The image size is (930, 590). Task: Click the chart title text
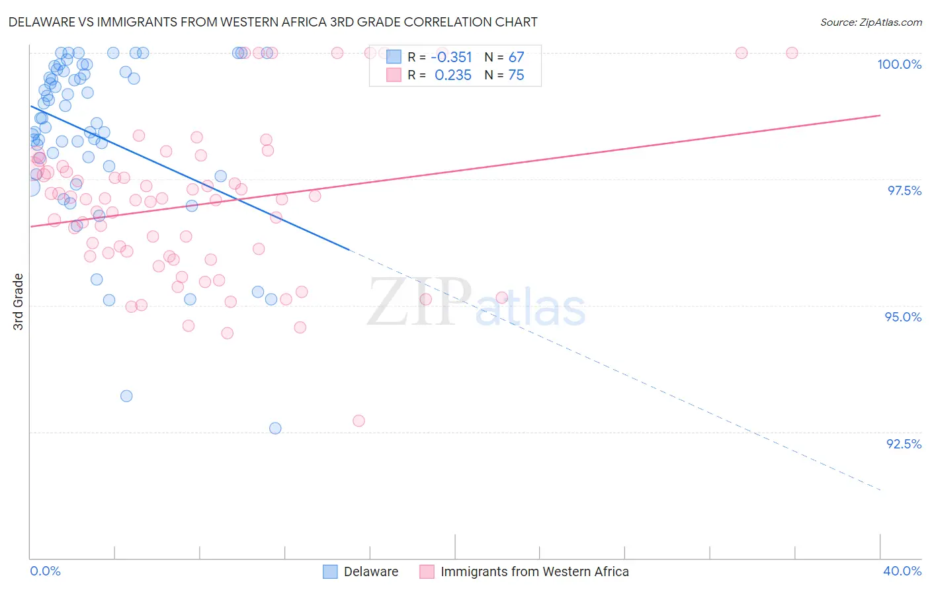tap(273, 22)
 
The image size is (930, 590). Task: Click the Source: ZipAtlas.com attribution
tap(870, 22)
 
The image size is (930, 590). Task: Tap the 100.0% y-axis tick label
tap(899, 64)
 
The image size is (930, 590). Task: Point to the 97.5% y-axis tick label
tap(904, 190)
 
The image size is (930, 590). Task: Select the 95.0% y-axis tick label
tap(903, 317)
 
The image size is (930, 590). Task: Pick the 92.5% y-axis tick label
tap(904, 444)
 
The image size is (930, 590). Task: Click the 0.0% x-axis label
tap(45, 571)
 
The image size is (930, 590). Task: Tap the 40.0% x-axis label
tap(902, 571)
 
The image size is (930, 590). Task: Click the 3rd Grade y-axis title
tap(19, 302)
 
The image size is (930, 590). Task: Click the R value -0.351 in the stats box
tap(451, 58)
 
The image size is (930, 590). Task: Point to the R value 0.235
tap(452, 75)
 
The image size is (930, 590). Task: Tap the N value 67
tap(516, 58)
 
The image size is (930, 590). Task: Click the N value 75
tap(516, 75)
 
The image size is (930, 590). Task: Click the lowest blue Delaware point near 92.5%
tap(275, 428)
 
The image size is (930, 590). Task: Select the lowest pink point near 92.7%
tap(359, 421)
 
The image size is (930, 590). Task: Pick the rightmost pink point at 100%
tap(792, 53)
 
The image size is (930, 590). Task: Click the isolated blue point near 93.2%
tap(126, 396)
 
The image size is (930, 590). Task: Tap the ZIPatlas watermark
tap(476, 303)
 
